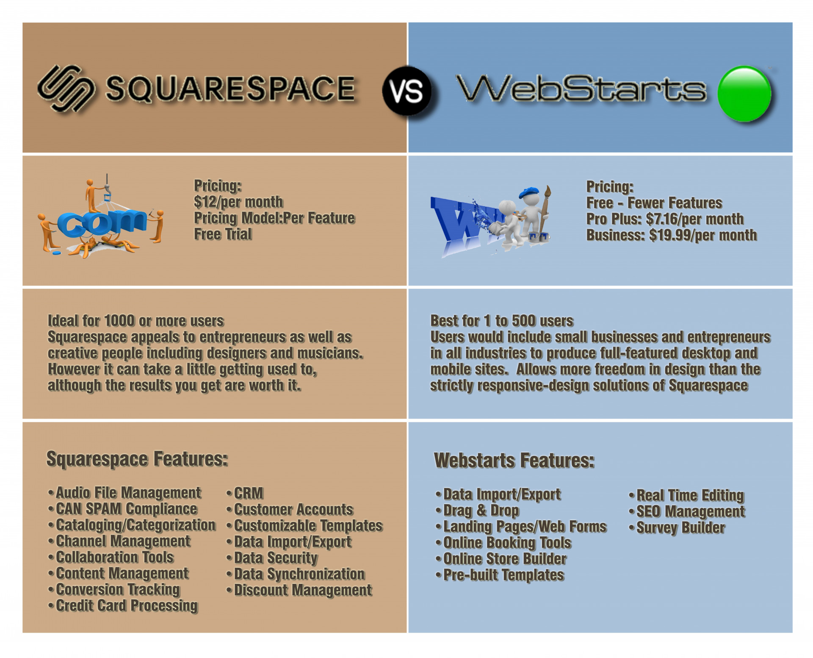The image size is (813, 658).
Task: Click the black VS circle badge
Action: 407,91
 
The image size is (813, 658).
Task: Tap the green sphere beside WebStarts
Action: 744,93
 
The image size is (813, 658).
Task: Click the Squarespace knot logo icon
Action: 66,88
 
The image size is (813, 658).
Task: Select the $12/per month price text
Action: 238,202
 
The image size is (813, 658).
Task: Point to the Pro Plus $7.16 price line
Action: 665,219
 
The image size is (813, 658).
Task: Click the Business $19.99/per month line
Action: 671,235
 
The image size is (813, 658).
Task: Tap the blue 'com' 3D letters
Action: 102,223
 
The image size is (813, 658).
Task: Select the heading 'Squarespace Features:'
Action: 137,459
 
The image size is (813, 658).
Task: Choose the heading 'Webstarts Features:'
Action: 514,461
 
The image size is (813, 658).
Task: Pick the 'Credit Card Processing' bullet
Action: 123,606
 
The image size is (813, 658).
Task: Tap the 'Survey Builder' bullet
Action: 677,528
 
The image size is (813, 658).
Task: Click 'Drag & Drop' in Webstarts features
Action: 477,511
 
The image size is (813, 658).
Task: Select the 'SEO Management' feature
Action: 687,512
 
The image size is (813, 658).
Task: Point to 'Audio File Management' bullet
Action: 124,493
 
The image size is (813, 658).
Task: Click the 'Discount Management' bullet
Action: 299,590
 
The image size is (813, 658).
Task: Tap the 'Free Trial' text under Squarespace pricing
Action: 223,234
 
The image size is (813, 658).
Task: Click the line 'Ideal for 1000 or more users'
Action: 135,321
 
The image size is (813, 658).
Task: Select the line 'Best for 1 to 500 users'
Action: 502,321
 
